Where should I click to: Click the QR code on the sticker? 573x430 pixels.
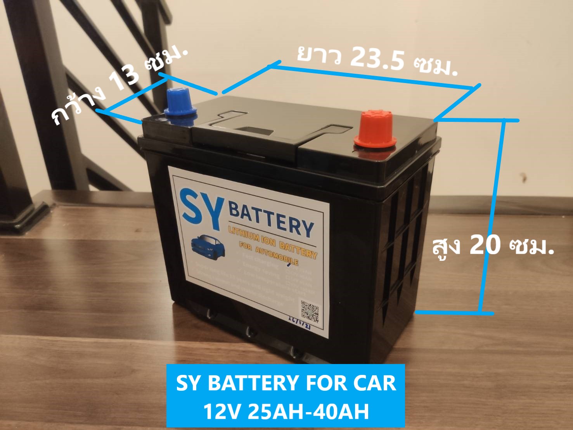[x=310, y=311]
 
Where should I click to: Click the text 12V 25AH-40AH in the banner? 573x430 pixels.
[x=286, y=411]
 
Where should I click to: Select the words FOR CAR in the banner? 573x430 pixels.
[x=351, y=383]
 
